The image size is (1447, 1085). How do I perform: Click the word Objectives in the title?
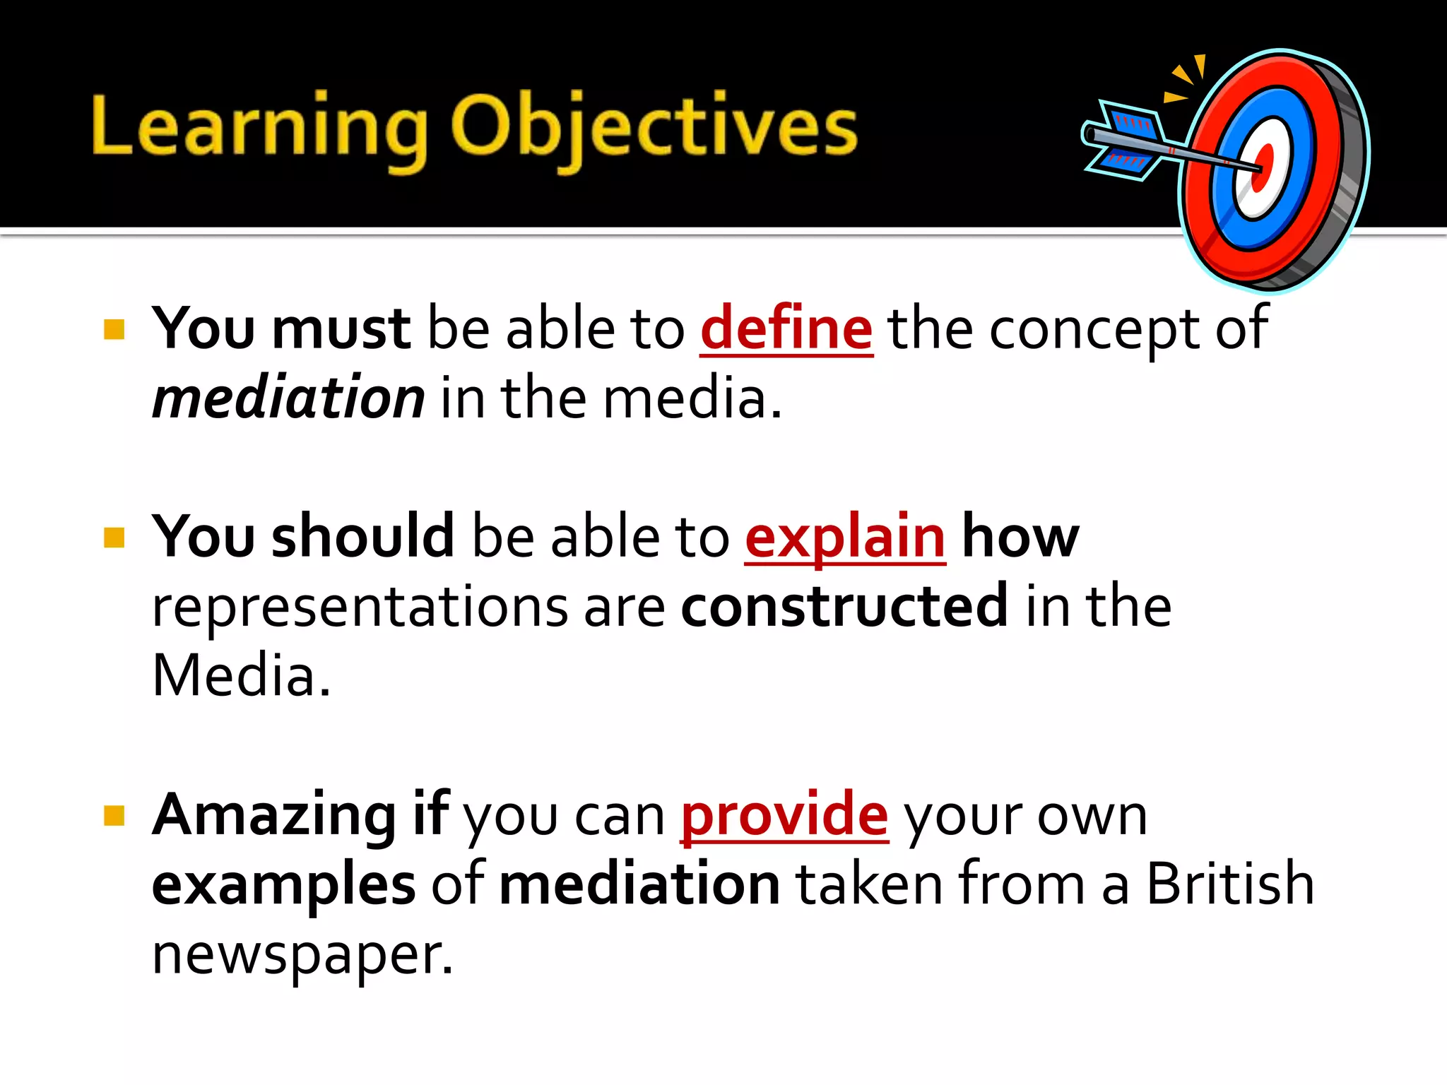pos(654,127)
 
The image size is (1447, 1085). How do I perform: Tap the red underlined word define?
pos(786,328)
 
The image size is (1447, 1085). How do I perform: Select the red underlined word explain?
pos(845,537)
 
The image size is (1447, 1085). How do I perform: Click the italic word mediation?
pos(288,398)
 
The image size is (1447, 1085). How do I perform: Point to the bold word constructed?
pos(844,605)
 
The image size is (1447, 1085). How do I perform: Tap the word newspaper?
pos(302,954)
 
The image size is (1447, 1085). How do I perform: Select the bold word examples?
pos(284,884)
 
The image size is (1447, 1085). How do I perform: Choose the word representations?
pos(360,606)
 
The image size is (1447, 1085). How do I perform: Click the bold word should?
pos(362,537)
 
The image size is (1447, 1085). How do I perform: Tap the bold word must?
pos(341,328)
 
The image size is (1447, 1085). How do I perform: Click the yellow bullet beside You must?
pos(114,330)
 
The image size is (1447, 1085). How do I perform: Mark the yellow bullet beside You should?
pos(114,538)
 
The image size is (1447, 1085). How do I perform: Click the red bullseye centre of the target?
pos(1263,168)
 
